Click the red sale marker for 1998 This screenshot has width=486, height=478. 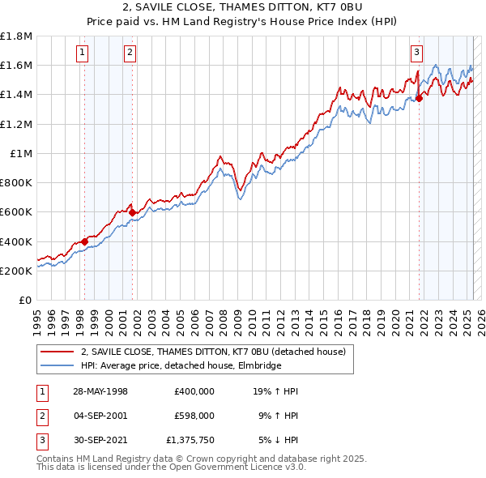[84, 241]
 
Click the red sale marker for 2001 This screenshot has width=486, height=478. [132, 212]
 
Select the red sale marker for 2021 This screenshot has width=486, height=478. [419, 98]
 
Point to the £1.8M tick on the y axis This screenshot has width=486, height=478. [17, 36]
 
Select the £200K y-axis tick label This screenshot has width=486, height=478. [17, 271]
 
